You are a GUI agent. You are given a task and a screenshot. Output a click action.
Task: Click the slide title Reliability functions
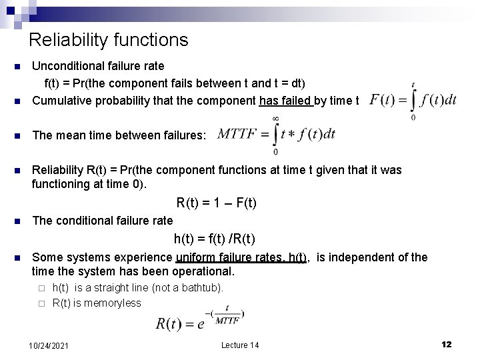(x=109, y=40)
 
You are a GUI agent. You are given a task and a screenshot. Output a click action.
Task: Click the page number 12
(x=447, y=344)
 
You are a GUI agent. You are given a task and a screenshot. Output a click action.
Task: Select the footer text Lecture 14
(x=240, y=345)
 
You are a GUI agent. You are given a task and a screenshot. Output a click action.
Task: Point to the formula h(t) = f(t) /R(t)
(x=215, y=239)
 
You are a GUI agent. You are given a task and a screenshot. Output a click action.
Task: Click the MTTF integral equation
(x=275, y=134)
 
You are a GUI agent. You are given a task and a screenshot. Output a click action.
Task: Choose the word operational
(x=205, y=272)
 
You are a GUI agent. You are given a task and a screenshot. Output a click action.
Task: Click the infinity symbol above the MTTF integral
(x=275, y=117)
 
